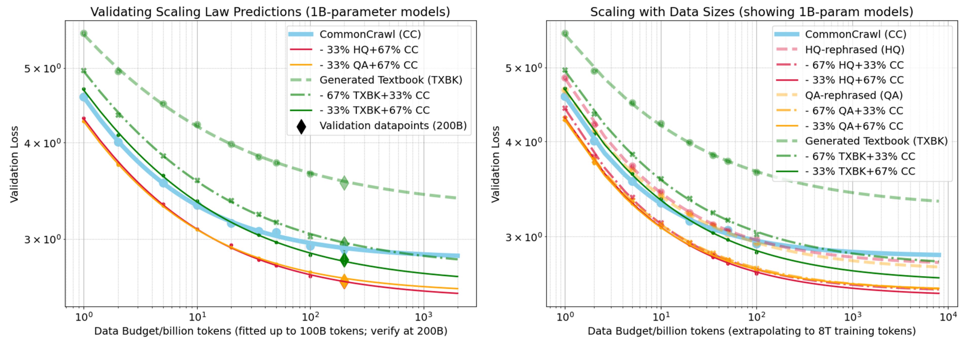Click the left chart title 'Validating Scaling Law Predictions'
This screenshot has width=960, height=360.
click(x=270, y=12)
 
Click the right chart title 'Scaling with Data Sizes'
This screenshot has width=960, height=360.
click(x=751, y=12)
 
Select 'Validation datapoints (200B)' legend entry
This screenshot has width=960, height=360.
click(x=393, y=125)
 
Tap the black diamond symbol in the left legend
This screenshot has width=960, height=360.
click(x=301, y=126)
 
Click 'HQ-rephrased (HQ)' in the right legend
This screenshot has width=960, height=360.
click(x=854, y=50)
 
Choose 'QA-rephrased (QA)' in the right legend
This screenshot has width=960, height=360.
click(x=853, y=95)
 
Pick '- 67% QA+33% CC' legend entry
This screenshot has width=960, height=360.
click(x=854, y=111)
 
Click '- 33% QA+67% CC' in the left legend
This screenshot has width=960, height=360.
click(x=368, y=65)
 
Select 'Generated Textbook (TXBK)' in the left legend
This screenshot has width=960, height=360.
click(x=391, y=80)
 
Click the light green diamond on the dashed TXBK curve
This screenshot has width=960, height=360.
click(x=344, y=183)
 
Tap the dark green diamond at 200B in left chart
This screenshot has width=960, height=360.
click(x=344, y=260)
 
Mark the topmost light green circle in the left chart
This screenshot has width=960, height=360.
click(x=84, y=33)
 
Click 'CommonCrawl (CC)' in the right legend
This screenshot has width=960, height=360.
click(x=855, y=34)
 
